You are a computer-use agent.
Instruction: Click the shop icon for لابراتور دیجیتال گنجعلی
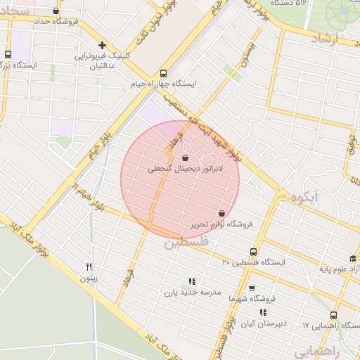[185, 158]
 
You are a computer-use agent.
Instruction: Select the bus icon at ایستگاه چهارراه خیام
[163, 72]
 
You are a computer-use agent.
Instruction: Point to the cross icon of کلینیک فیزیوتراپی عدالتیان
[103, 44]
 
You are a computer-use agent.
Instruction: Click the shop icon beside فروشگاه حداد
[56, 11]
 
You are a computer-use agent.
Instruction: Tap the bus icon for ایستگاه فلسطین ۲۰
[253, 252]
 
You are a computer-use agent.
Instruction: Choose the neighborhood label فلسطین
[186, 243]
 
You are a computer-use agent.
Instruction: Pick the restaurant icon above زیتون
[89, 266]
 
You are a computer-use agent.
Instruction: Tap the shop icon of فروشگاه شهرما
[252, 288]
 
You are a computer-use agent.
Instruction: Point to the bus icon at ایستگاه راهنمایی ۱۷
[333, 316]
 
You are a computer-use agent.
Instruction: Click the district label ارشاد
[342, 41]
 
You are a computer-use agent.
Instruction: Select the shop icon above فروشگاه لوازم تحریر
[222, 213]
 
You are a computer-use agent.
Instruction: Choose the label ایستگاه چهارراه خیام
[162, 84]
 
